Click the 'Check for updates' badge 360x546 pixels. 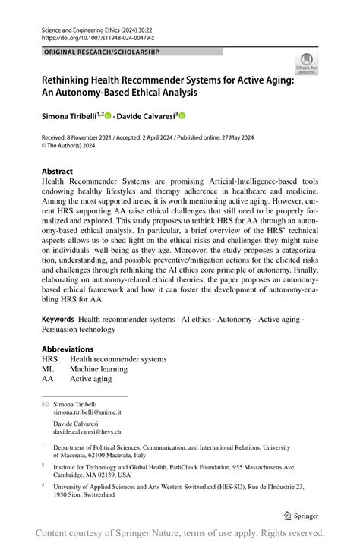(x=306, y=64)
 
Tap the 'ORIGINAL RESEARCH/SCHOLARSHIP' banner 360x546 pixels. (x=103, y=52)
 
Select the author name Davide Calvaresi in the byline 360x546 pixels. (x=146, y=116)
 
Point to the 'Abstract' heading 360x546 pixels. (x=58, y=172)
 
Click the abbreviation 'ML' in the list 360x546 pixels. (x=48, y=369)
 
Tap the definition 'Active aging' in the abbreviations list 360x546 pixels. (x=90, y=379)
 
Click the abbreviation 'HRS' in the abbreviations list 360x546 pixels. (x=49, y=359)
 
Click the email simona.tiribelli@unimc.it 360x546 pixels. (x=87, y=412)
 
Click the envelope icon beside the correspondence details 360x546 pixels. (x=45, y=404)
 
